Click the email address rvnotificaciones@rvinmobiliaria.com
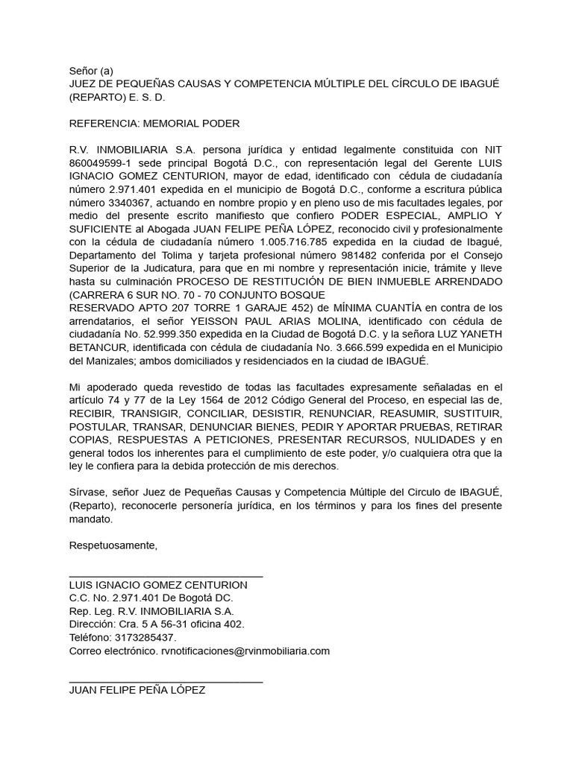245,651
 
